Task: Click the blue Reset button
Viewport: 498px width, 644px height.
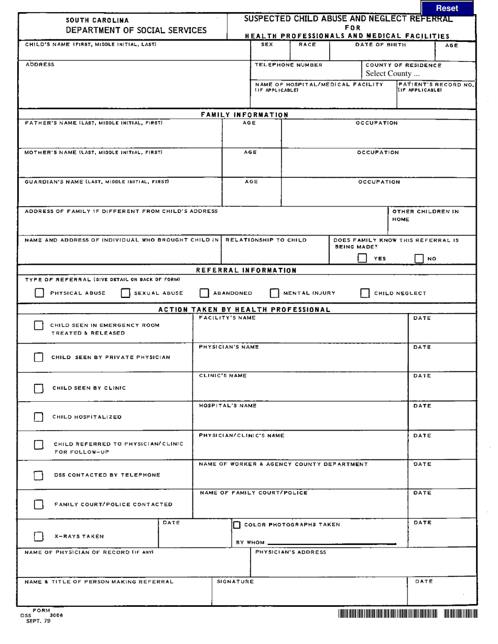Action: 447,8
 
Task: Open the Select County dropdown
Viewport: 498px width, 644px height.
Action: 393,74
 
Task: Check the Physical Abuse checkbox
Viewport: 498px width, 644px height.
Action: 39,293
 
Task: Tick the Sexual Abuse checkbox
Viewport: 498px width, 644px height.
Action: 126,293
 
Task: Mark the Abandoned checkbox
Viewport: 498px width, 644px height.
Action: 204,293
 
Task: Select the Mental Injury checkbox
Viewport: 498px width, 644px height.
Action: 275,293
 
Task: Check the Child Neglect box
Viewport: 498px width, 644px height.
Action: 365,293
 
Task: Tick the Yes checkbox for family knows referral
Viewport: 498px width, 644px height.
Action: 362,258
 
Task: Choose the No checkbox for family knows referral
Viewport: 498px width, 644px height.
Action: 419,258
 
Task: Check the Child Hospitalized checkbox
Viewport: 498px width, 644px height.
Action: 38,417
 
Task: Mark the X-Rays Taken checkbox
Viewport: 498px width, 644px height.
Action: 38,536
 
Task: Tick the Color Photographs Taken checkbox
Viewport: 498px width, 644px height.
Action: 237,525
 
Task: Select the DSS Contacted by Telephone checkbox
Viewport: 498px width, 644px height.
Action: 38,476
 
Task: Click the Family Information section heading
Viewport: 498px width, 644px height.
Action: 245,115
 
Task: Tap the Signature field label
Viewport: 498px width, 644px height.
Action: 235,582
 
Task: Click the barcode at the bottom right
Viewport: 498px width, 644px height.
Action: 408,614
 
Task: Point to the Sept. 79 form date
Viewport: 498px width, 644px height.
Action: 38,621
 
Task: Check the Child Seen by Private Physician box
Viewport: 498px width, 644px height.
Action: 38,357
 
